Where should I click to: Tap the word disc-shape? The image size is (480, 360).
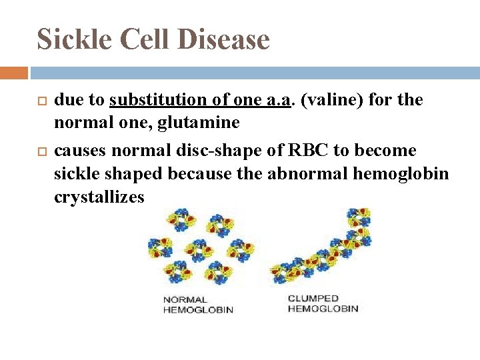coord(188,150)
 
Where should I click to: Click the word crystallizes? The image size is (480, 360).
coord(99,198)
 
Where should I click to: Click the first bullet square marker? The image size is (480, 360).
coord(39,101)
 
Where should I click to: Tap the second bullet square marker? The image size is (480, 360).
coord(39,151)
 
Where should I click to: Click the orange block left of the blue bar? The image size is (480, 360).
coord(14,72)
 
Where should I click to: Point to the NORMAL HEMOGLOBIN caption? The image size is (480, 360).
coord(198,305)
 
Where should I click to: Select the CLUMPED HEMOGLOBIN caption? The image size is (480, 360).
coord(323,303)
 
